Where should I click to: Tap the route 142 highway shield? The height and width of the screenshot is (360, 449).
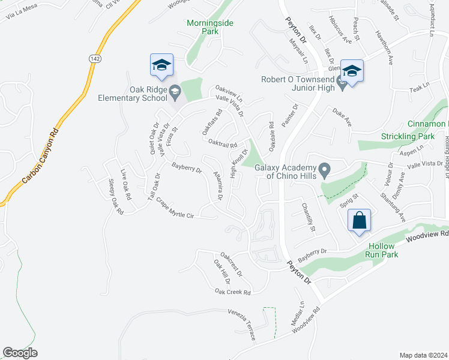[x=94, y=59]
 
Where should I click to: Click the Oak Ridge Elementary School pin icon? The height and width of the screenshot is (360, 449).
[x=175, y=91]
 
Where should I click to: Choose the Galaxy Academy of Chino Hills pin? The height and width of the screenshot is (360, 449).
[x=325, y=172]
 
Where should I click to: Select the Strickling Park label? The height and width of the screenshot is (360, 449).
[x=408, y=136]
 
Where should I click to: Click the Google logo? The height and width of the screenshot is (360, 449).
[x=20, y=353]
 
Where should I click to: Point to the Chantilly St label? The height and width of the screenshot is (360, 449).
[x=309, y=217]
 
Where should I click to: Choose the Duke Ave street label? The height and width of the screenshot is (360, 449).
[x=342, y=117]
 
